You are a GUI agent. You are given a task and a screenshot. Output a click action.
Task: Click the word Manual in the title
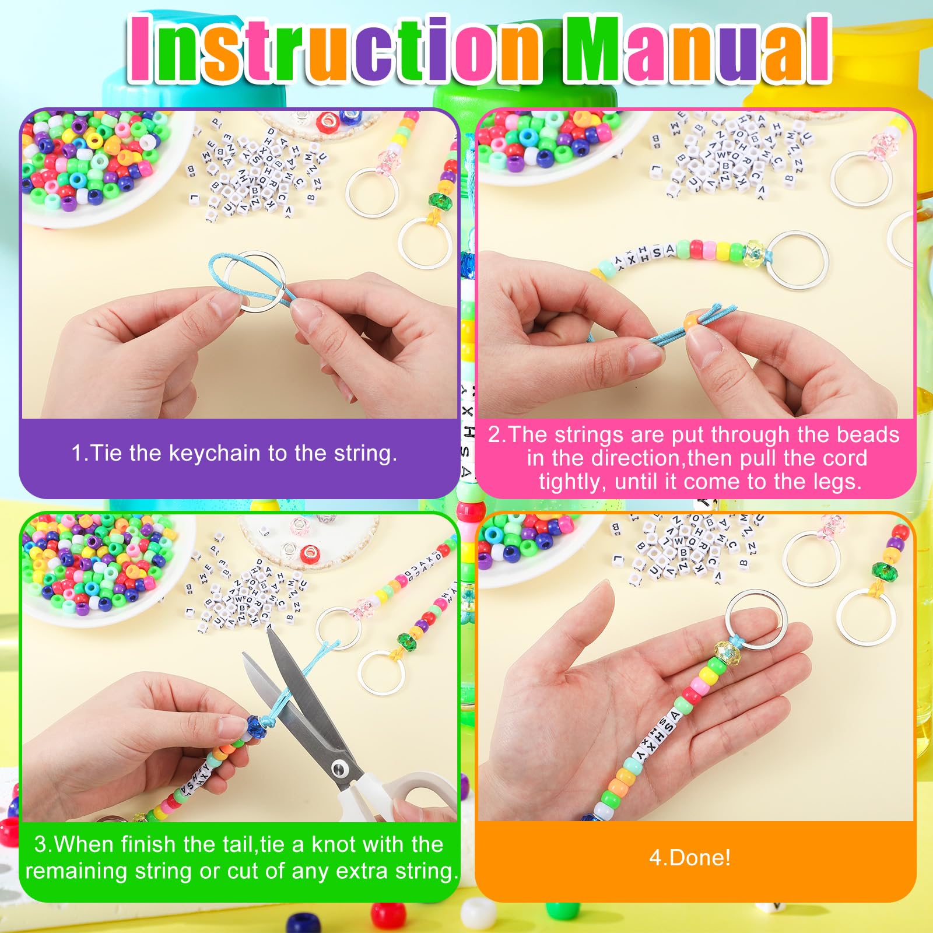point(697,50)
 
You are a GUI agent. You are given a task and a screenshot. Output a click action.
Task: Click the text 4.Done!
point(690,858)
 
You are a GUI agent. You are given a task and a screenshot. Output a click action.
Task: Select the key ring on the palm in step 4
point(757,619)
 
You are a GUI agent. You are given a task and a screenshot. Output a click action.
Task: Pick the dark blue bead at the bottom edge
point(304,924)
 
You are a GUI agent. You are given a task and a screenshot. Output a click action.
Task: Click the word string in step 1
point(364,453)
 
